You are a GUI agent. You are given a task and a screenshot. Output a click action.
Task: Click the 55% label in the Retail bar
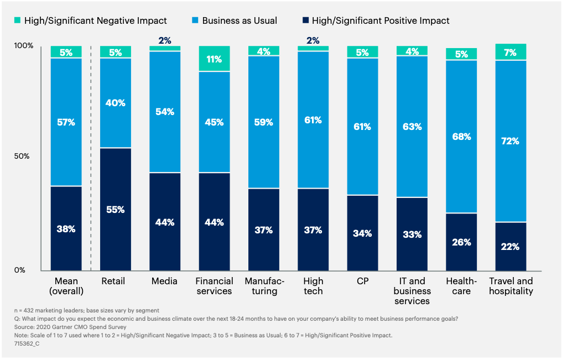click(116, 210)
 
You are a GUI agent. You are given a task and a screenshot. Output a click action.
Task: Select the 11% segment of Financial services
click(214, 59)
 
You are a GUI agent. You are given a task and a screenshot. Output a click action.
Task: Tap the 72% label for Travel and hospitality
click(511, 141)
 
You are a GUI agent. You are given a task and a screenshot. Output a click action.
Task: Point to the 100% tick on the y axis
click(23, 46)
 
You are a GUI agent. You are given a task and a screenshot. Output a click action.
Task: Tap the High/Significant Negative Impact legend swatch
click(18, 21)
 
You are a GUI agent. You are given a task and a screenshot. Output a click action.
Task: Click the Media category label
click(165, 281)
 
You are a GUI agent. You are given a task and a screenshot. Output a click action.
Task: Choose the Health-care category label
click(461, 286)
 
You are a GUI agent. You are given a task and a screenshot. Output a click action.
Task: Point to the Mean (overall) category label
click(66, 286)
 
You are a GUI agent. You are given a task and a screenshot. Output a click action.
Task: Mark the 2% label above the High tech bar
click(313, 40)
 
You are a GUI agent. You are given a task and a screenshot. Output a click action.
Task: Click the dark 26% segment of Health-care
click(461, 242)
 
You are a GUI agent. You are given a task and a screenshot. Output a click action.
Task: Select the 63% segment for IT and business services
click(412, 127)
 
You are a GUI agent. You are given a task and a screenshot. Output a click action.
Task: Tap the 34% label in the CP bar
click(362, 233)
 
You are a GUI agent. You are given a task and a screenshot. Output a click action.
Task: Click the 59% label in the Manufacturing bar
click(263, 122)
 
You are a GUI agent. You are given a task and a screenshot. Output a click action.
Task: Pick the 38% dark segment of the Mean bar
click(66, 228)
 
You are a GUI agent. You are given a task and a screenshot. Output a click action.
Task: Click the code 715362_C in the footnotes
click(25, 343)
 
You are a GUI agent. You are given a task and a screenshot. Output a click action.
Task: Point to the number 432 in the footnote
click(27, 310)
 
